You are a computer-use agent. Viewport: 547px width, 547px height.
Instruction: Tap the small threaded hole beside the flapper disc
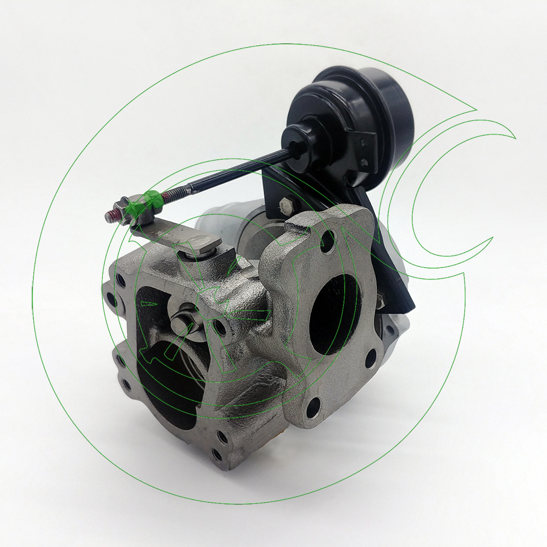click(220, 328)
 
